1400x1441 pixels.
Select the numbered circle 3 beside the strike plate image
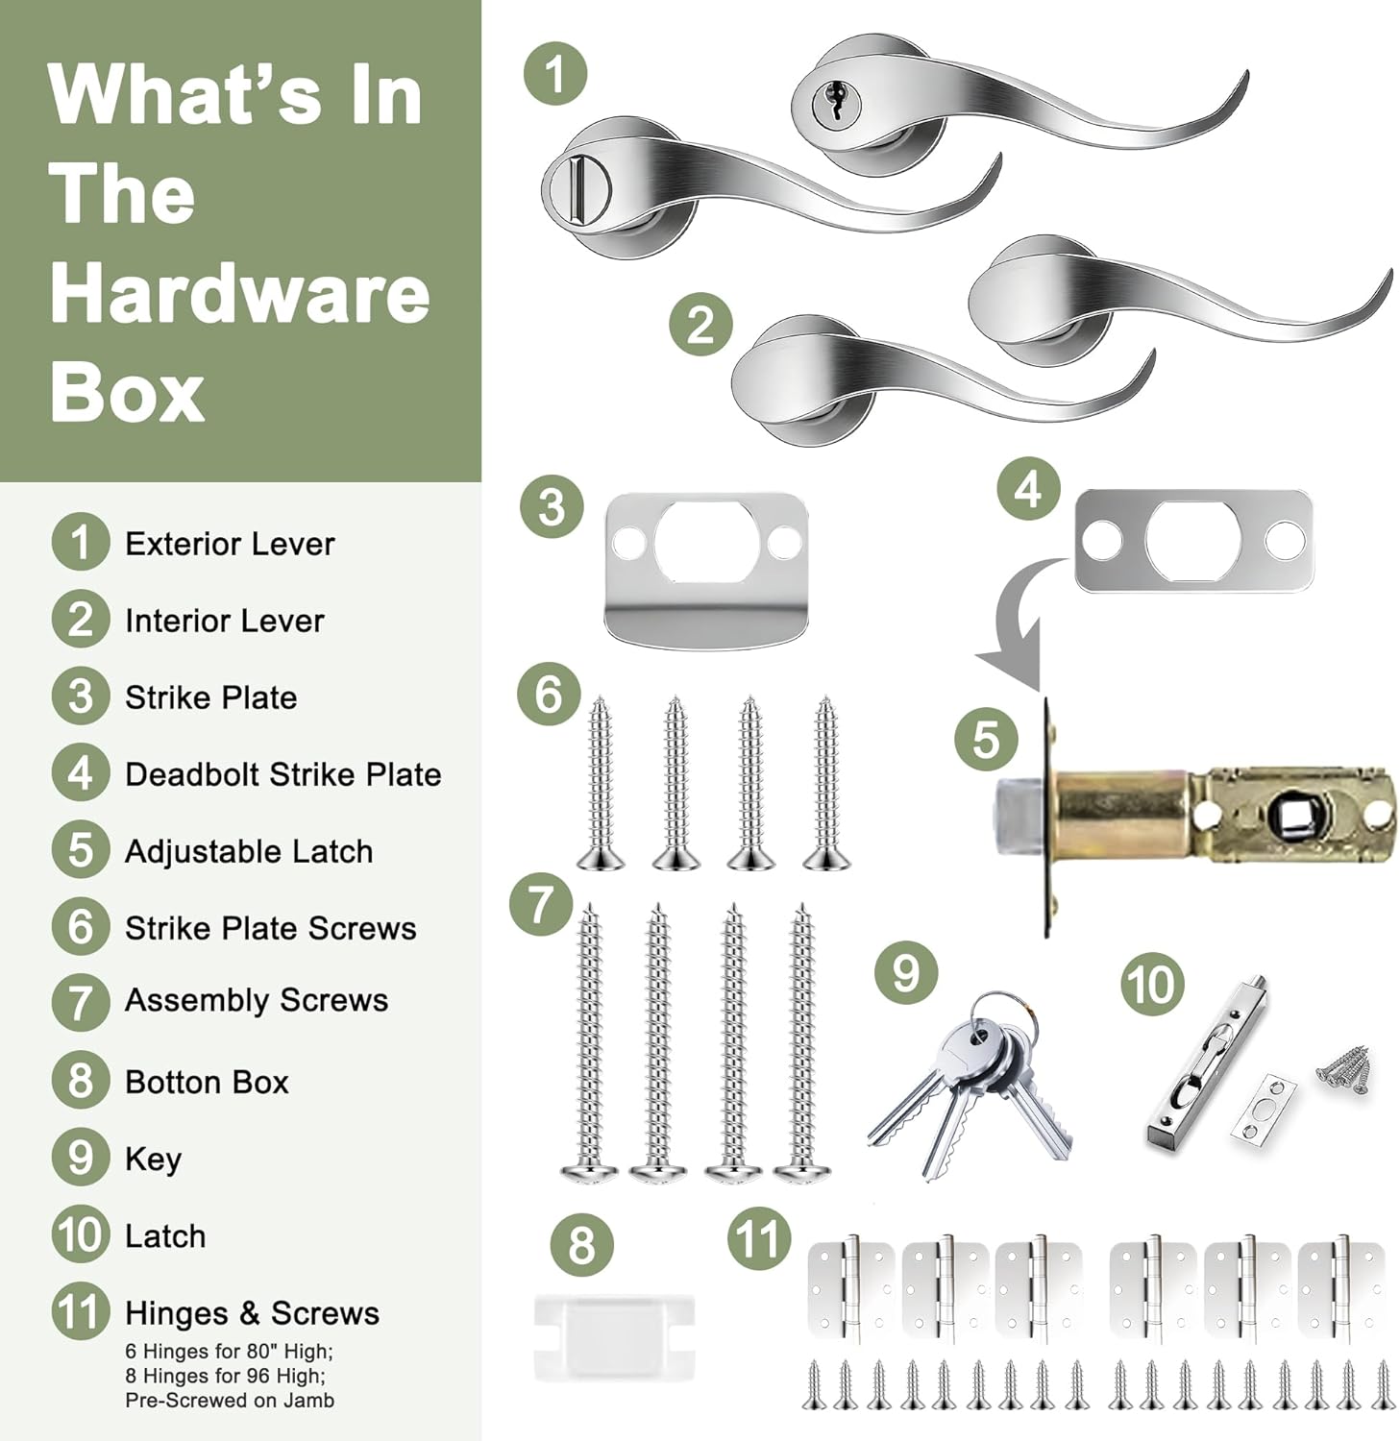point(552,506)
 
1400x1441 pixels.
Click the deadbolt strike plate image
point(1192,541)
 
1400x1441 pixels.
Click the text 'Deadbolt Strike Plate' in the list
point(283,774)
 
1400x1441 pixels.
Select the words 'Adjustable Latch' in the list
point(249,851)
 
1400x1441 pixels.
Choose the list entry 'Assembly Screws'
point(257,1001)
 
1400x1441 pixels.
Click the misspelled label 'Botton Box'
point(207,1082)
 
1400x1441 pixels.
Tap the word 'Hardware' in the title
point(239,293)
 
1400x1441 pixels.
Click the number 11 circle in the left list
point(81,1311)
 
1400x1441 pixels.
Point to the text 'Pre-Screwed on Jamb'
point(230,1400)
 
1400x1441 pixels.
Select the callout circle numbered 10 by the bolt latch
point(1151,984)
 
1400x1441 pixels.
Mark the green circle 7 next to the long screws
point(541,903)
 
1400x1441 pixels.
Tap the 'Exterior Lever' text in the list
point(231,544)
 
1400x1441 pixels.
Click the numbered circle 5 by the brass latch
point(986,740)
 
